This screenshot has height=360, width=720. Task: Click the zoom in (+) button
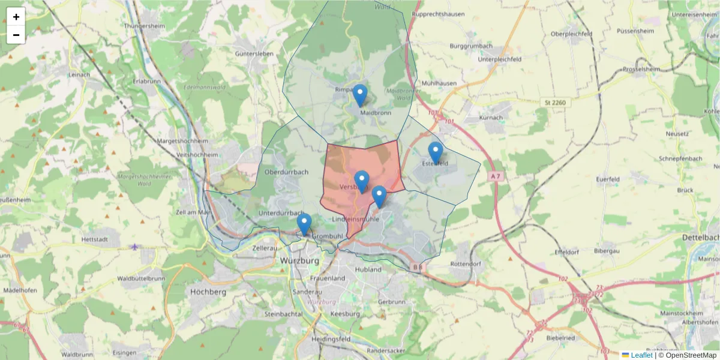pos(16,17)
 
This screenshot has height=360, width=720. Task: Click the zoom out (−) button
pos(16,35)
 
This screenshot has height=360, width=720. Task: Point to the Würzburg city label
pos(301,261)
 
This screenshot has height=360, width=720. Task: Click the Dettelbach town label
pos(701,238)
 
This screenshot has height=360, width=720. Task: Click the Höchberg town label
pos(208,292)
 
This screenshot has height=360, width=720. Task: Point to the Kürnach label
pos(495,118)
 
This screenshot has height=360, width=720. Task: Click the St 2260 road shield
pos(554,103)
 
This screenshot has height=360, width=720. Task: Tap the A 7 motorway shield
pos(494,176)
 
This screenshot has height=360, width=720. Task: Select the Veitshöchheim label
pos(197,155)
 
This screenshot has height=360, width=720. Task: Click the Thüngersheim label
pos(143,26)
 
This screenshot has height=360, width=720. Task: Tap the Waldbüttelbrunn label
pos(141,278)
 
